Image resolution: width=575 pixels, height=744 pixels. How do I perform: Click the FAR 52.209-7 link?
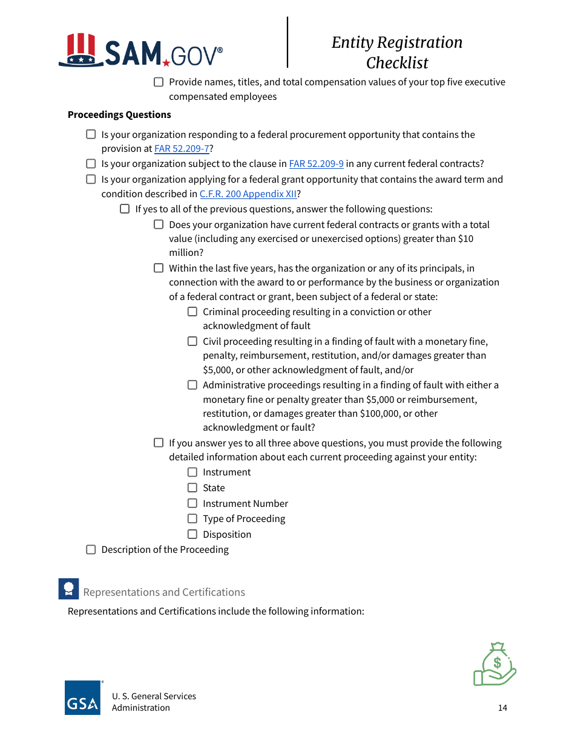(x=182, y=149)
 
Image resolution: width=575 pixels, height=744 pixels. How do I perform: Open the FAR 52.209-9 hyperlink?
(x=316, y=164)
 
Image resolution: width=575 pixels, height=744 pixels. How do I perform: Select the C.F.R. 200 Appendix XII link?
(x=248, y=194)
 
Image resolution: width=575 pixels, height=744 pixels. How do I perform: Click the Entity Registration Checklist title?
(x=397, y=53)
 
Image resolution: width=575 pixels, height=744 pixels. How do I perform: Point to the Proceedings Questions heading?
(x=119, y=115)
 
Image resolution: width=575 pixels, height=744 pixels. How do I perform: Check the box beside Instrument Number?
(x=192, y=503)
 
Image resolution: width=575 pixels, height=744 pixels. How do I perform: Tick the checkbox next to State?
(x=192, y=488)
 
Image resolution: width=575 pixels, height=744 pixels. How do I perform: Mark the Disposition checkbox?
(x=192, y=534)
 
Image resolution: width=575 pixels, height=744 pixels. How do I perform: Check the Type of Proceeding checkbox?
(x=192, y=518)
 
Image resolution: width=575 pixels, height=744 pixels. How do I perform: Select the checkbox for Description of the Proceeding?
(x=91, y=550)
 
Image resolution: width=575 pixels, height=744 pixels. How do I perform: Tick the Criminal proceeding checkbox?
(x=192, y=312)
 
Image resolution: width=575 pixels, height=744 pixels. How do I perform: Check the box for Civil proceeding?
(x=192, y=341)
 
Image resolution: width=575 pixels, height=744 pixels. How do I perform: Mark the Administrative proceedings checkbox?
(x=192, y=385)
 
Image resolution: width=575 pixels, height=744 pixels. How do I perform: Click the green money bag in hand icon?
(x=494, y=664)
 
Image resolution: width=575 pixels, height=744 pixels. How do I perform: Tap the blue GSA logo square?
(x=82, y=698)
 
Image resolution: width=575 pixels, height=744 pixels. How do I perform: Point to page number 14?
(x=502, y=708)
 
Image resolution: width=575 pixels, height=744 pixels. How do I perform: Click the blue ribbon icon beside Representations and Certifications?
(x=68, y=589)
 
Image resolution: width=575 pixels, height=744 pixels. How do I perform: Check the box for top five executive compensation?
(x=159, y=82)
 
